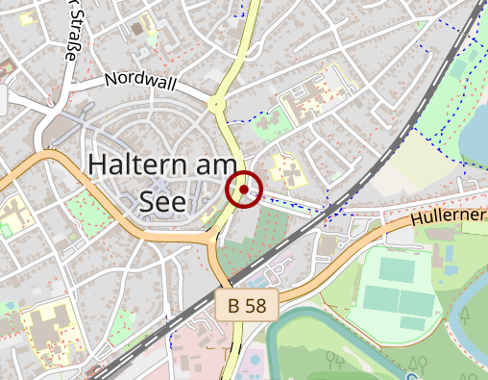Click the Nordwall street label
141,82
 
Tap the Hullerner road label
450,216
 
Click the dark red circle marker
245,190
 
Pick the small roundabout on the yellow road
216,104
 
